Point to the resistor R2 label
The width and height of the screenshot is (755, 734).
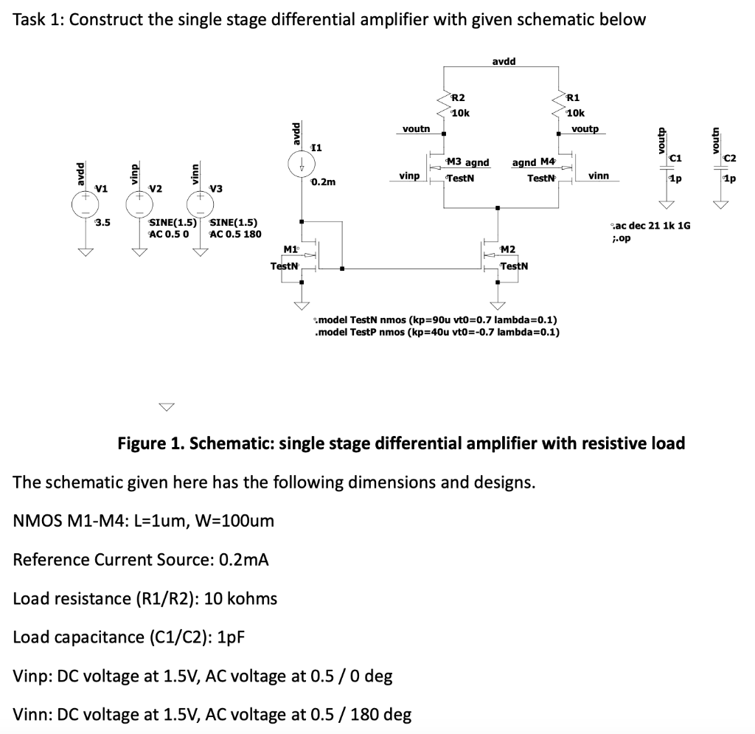458,98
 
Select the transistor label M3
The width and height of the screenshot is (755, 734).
453,162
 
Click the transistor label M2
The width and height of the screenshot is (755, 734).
508,252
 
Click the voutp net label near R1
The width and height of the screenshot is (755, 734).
585,128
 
